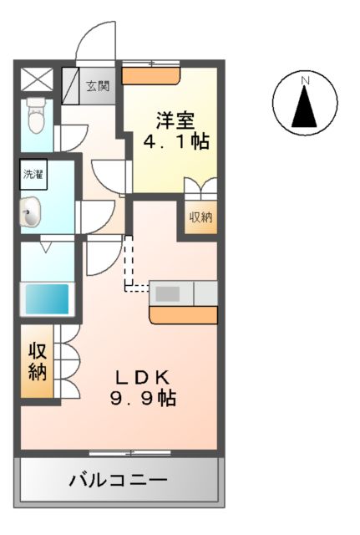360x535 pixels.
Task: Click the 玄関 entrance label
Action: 99,86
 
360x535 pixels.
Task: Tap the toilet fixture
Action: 35,116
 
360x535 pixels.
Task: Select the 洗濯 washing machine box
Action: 33,176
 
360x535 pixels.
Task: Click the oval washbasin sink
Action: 31,213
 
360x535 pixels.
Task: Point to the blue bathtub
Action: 45,298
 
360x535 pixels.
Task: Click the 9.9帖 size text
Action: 143,398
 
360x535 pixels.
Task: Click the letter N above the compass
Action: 306,80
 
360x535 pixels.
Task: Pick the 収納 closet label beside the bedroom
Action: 200,217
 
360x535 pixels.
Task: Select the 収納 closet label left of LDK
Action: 37,361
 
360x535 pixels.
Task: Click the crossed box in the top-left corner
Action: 36,79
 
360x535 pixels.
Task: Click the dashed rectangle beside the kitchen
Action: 130,265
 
